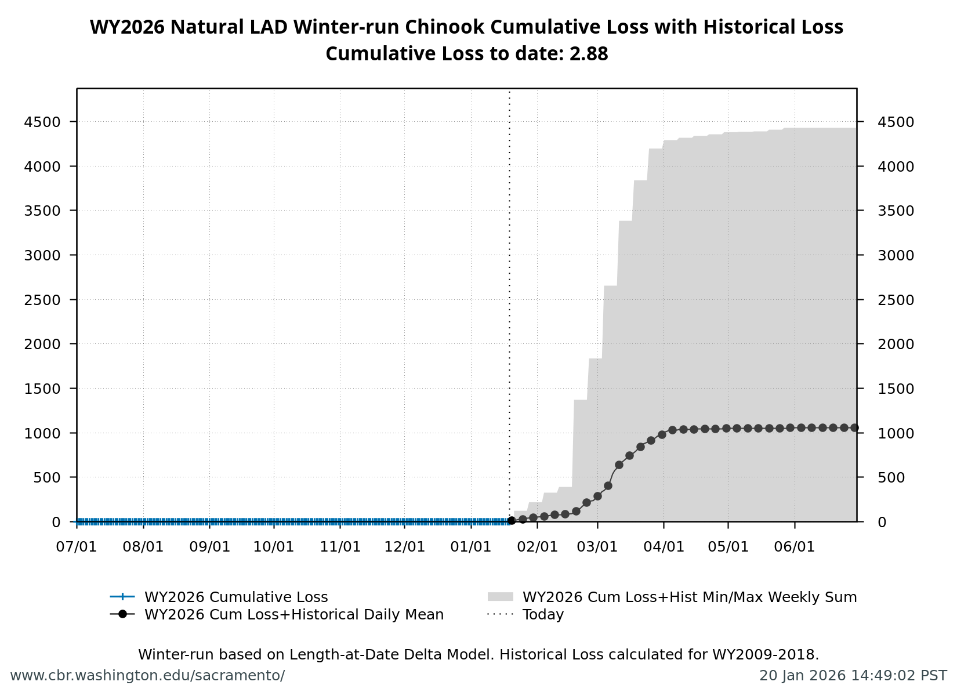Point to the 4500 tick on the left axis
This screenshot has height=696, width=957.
[42, 122]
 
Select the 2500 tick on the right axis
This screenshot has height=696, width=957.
[896, 300]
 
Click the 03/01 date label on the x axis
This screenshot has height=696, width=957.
[597, 547]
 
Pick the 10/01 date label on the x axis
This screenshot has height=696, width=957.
[274, 547]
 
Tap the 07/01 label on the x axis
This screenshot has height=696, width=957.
[77, 547]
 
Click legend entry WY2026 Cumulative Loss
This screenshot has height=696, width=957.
[235, 597]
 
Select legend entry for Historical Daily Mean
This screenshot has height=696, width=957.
[293, 615]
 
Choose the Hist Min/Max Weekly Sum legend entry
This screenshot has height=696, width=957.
[689, 597]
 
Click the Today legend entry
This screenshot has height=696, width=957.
[543, 615]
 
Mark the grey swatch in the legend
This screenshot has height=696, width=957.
[501, 597]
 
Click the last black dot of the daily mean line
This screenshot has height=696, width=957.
[854, 427]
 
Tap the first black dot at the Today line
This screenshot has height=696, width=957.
[512, 520]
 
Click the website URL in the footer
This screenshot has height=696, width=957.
[147, 676]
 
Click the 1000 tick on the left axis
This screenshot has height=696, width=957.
[42, 433]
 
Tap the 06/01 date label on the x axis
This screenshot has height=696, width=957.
[795, 547]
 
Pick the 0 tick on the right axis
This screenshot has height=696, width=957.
[882, 522]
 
